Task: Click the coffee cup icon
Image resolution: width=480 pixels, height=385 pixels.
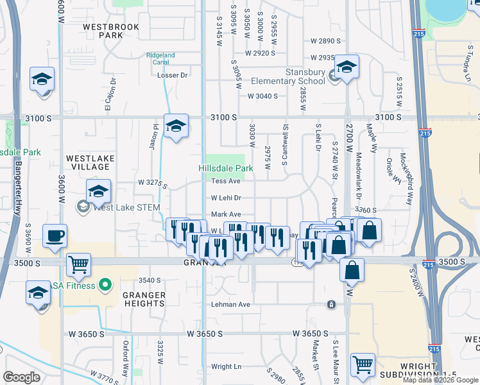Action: [55, 235]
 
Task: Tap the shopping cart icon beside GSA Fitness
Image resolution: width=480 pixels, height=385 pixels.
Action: [78, 264]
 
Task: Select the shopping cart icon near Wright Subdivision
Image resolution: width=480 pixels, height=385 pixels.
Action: [363, 364]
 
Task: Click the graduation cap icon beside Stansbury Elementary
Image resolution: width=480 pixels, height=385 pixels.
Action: [347, 67]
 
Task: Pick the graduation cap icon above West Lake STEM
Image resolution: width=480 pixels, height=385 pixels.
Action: [99, 191]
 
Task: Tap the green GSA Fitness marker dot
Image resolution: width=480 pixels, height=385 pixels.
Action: [107, 286]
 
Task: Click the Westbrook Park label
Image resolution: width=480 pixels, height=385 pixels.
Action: [103, 31]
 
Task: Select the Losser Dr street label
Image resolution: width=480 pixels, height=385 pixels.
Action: [173, 75]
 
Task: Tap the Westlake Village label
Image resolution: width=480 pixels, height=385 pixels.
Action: [90, 162]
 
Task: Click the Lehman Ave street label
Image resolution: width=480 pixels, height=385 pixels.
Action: [230, 305]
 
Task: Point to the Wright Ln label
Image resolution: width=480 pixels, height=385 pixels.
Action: [226, 366]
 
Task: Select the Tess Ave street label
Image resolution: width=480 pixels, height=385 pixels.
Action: [225, 182]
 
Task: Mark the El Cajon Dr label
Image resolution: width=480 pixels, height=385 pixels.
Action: [109, 94]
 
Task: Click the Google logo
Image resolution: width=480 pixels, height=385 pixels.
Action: [22, 377]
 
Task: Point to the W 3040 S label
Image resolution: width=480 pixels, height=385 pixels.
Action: [262, 96]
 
